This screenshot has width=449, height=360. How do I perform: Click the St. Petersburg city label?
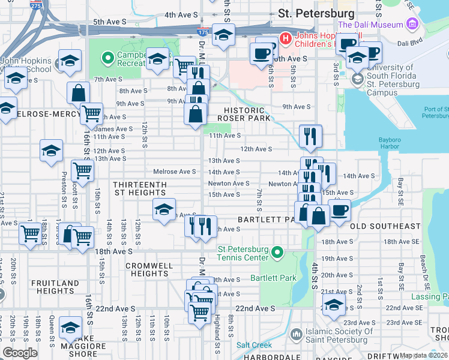[316, 13]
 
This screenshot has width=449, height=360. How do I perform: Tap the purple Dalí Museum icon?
[411, 25]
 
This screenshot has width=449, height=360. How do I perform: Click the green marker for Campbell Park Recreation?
[108, 58]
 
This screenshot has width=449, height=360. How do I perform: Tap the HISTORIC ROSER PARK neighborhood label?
[244, 115]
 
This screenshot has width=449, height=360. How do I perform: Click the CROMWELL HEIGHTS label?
[148, 269]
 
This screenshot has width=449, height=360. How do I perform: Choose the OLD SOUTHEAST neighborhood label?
[385, 226]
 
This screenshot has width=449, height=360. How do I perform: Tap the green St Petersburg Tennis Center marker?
[277, 253]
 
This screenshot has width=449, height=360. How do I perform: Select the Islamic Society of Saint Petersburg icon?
[296, 334]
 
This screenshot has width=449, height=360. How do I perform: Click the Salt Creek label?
[253, 345]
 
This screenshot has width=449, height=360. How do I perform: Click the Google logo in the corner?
[20, 352]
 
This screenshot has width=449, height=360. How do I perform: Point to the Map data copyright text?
[424, 355]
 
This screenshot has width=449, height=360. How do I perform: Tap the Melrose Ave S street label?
[174, 172]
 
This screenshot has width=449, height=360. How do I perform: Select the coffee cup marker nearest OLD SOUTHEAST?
[340, 211]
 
